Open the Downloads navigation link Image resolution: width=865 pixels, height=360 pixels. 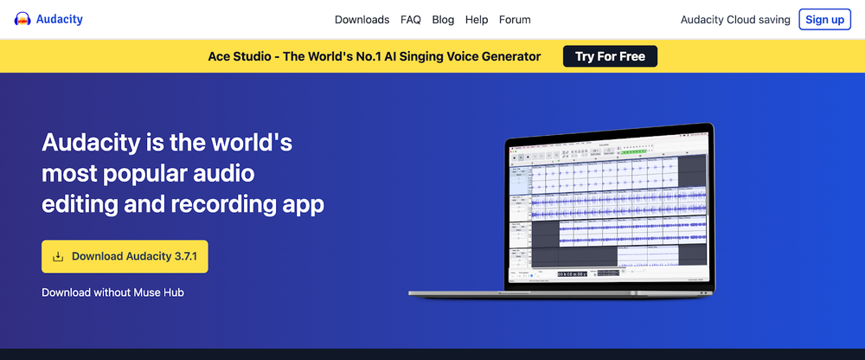362,19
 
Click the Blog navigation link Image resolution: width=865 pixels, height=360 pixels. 443,19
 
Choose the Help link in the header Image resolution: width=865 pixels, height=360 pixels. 477,19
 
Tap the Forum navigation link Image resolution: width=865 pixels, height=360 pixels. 515,19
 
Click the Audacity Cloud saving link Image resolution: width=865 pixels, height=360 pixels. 735,19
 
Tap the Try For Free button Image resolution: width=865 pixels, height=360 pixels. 610,56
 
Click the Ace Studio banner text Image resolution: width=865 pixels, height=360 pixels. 374,56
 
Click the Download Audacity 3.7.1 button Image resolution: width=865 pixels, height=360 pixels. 125,256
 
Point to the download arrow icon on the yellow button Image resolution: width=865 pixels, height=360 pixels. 58,256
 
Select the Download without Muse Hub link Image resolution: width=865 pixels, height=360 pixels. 112,292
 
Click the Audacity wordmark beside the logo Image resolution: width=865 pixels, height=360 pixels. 60,19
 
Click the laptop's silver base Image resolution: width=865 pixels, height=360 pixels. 562,295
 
